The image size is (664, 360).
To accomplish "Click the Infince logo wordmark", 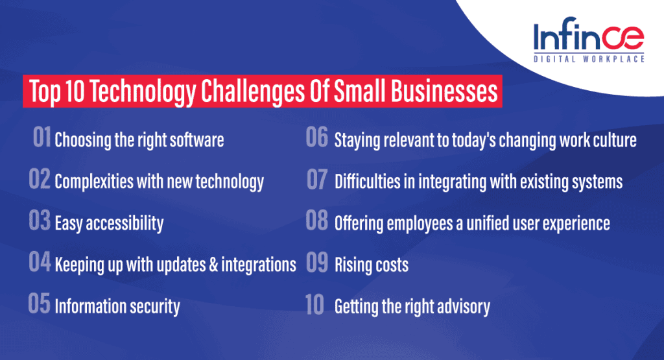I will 588,38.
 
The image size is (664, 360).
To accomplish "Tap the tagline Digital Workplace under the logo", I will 589,59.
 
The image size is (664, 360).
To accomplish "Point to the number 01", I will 42,139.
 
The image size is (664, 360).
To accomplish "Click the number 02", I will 40,181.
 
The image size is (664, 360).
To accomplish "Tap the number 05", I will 40,306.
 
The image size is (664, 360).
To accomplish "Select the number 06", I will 317,139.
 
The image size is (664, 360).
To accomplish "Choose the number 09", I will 317,264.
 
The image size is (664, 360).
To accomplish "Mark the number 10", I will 315,306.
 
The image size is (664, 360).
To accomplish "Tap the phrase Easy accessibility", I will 109,224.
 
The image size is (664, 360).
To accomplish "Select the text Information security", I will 117,306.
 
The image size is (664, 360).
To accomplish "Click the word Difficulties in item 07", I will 364,182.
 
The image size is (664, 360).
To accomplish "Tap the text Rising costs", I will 371,265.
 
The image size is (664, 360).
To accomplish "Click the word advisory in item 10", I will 462,306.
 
